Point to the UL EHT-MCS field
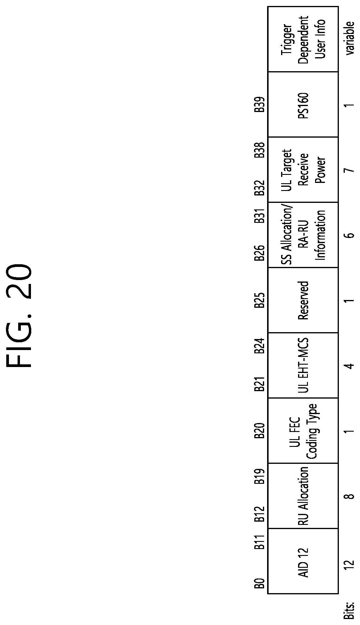click(303, 365)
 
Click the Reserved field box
click(303, 300)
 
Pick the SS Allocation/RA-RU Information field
click(303, 235)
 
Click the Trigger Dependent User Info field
click(303, 39)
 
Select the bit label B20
click(260, 431)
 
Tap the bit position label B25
click(260, 300)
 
